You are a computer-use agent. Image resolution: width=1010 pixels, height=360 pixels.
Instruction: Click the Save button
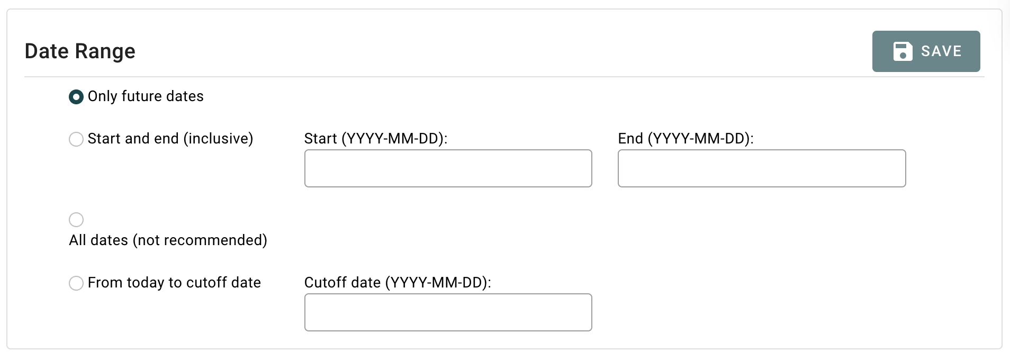(926, 51)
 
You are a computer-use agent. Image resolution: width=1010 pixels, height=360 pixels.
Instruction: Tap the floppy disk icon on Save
(903, 51)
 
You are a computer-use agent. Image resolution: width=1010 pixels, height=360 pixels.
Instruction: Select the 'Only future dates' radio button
(76, 97)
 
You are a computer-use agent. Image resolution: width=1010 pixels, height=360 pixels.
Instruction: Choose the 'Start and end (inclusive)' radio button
(76, 139)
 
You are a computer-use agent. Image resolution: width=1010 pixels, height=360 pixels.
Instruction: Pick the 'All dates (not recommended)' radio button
(76, 220)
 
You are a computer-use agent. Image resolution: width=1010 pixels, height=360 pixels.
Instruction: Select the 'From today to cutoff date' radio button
(76, 283)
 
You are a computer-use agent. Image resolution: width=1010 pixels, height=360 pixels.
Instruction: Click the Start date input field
(448, 168)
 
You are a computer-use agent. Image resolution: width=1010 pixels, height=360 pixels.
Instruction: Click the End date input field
(761, 168)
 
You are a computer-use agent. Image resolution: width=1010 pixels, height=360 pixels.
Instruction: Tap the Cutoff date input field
(448, 312)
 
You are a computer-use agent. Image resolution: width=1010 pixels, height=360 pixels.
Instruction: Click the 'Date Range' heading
(80, 51)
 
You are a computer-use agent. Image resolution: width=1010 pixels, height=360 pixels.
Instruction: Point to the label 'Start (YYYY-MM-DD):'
(376, 139)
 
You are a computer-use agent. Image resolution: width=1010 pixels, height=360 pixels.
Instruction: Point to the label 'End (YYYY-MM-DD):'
(686, 139)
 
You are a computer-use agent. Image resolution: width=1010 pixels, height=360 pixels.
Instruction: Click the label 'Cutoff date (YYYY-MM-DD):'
(398, 283)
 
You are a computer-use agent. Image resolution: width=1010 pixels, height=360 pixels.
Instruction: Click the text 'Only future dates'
(146, 96)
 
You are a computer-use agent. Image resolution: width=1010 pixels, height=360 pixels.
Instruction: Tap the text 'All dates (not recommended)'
(168, 240)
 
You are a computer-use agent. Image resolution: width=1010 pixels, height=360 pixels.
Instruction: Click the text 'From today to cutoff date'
(174, 283)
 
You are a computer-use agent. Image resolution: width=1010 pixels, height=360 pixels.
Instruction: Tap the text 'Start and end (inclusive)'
(170, 139)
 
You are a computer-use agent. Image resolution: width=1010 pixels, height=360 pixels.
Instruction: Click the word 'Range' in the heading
(105, 51)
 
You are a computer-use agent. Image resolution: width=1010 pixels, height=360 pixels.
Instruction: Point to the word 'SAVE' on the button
(941, 51)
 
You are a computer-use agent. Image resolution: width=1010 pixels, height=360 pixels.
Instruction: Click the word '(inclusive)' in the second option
(218, 139)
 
